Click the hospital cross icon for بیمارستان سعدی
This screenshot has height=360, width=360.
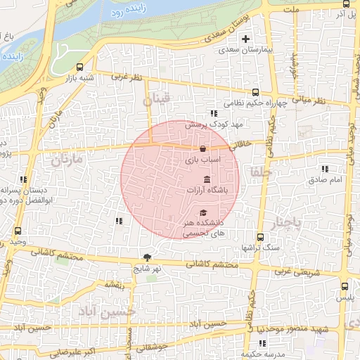245,38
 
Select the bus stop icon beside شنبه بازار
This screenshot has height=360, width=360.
75,69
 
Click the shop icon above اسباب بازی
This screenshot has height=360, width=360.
202,149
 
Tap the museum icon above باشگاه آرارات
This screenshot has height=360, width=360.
205,180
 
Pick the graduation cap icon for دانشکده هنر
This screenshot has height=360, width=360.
203,213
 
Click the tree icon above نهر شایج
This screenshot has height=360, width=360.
147,257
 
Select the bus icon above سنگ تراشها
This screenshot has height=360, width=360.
260,237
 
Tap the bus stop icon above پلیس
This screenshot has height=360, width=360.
344,287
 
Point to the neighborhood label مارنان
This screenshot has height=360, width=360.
67,160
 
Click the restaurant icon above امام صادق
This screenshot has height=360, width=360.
324,169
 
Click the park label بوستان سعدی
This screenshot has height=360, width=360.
221,29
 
